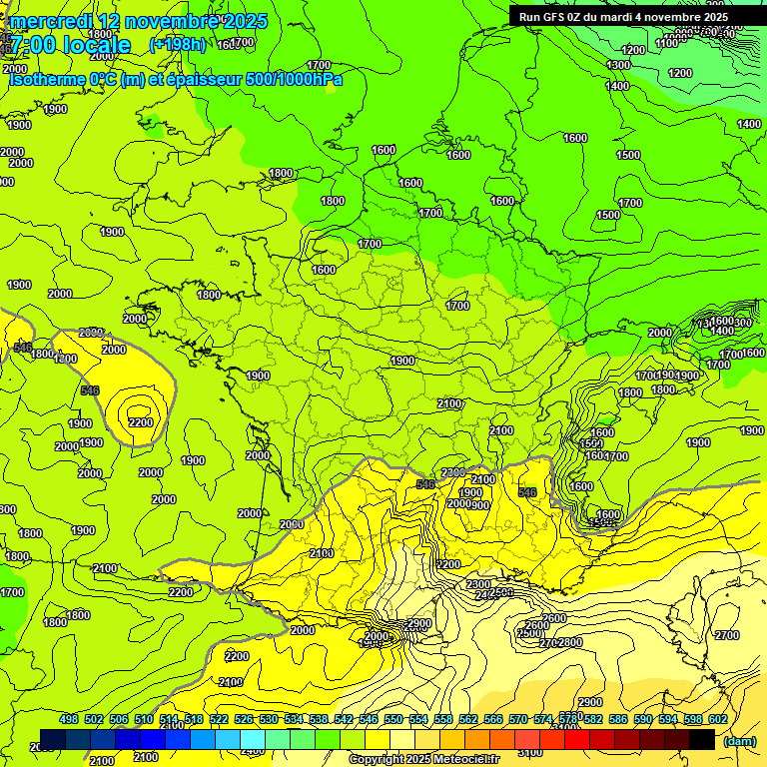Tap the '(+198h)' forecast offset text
tap(177, 45)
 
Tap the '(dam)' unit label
tap(738, 740)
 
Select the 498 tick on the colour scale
tap(69, 720)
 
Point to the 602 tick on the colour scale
tap(718, 720)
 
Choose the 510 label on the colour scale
tap(144, 720)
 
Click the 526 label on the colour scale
tap(244, 720)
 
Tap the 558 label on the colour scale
tap(443, 720)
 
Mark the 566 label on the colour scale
tap(493, 720)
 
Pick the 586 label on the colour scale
tap(618, 720)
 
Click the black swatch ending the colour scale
tap(702, 739)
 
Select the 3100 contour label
tap(531, 752)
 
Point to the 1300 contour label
tap(618, 65)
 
